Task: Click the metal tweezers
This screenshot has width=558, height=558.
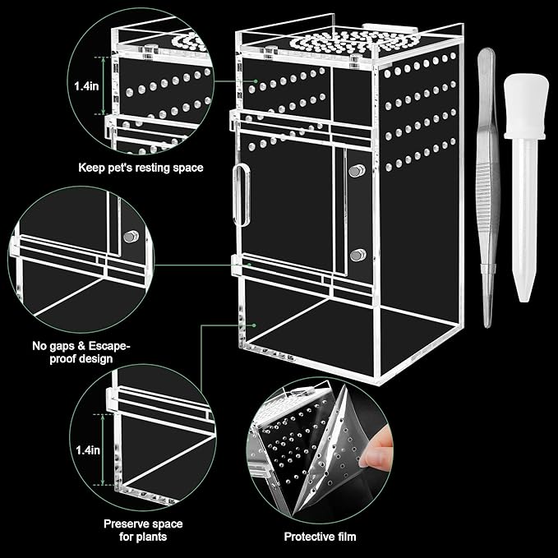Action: pos(487,181)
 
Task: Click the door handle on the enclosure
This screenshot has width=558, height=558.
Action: pos(241,195)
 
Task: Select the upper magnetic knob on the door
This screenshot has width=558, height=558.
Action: pos(356,171)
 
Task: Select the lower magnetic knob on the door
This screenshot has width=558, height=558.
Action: pos(356,256)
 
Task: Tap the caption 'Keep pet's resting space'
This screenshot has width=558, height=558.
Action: pos(141,168)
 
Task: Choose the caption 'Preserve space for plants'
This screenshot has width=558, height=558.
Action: pos(142,530)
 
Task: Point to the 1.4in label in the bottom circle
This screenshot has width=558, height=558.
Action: pos(82,450)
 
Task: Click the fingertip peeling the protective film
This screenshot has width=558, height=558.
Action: pos(380,456)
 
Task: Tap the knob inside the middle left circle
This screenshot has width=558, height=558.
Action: pos(129,237)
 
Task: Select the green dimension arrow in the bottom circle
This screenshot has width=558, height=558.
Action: pos(102,450)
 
